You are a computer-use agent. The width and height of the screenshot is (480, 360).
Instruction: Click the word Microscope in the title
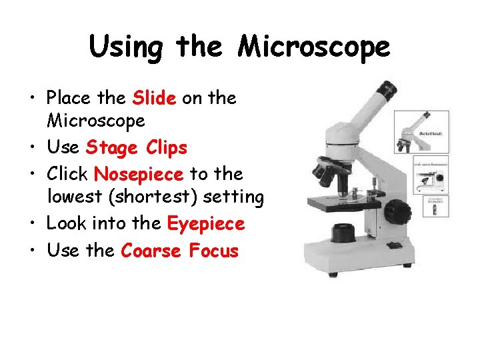[315, 47]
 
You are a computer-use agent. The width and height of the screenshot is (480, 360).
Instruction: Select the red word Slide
[154, 98]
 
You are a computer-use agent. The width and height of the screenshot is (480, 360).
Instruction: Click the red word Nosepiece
[139, 174]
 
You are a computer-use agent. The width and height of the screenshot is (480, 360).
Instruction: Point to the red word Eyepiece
[206, 224]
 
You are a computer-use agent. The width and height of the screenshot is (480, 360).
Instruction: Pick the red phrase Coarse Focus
[179, 251]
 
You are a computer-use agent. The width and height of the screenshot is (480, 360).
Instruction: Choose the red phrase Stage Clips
[137, 147]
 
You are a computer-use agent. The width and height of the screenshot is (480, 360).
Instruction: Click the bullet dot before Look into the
[33, 224]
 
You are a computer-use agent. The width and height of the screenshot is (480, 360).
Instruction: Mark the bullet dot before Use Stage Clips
[33, 147]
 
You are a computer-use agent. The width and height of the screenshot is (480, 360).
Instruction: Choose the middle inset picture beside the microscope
[431, 175]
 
